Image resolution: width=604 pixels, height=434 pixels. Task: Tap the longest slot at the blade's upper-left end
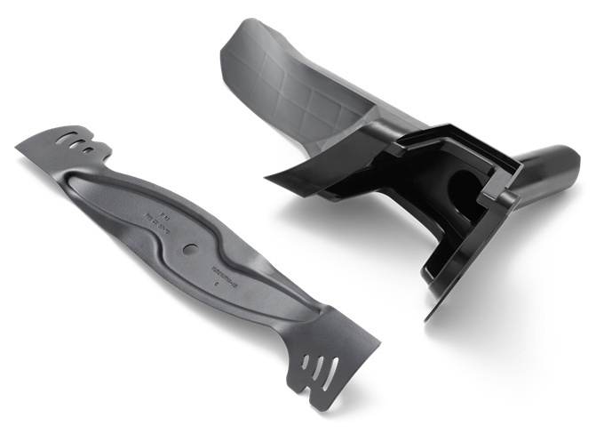click(x=66, y=135)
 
